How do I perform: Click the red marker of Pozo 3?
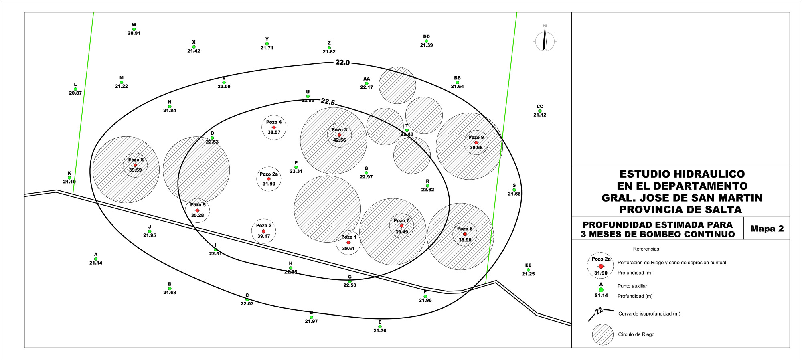point(339,135)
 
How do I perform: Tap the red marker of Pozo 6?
point(135,165)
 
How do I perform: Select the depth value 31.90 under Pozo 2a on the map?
point(269,184)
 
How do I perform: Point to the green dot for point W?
point(134,29)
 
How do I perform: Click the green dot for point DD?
point(426,41)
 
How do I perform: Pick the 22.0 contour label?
point(342,63)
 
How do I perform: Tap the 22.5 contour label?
point(328,102)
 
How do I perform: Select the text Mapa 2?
point(767,229)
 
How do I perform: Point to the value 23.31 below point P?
point(296,171)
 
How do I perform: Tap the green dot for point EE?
point(528,270)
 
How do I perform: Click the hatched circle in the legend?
point(603,334)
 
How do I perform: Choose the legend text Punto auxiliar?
point(632,286)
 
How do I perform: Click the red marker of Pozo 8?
point(465,234)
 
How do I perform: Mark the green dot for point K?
point(69,178)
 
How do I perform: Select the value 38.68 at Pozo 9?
point(476,148)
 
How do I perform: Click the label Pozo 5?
point(198,205)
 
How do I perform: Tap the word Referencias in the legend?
point(646,249)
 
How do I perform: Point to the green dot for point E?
point(380,326)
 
